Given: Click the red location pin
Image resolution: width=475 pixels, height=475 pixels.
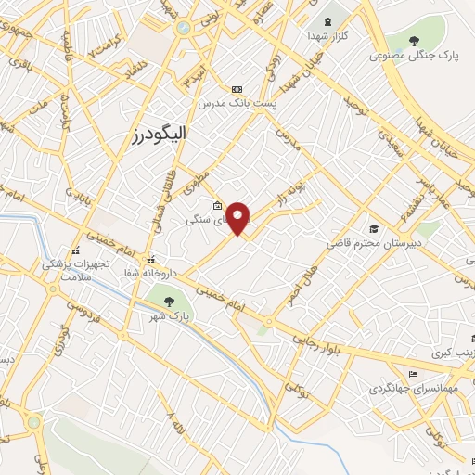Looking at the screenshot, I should click(238, 218).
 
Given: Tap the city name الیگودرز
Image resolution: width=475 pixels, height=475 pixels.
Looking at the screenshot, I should click(160, 135).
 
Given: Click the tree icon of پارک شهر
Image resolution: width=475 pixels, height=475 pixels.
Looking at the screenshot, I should click(169, 300).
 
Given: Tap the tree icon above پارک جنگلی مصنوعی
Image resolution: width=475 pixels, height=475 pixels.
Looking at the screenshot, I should click(415, 40).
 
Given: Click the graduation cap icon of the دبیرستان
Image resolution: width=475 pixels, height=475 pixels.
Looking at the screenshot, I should click(374, 229).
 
